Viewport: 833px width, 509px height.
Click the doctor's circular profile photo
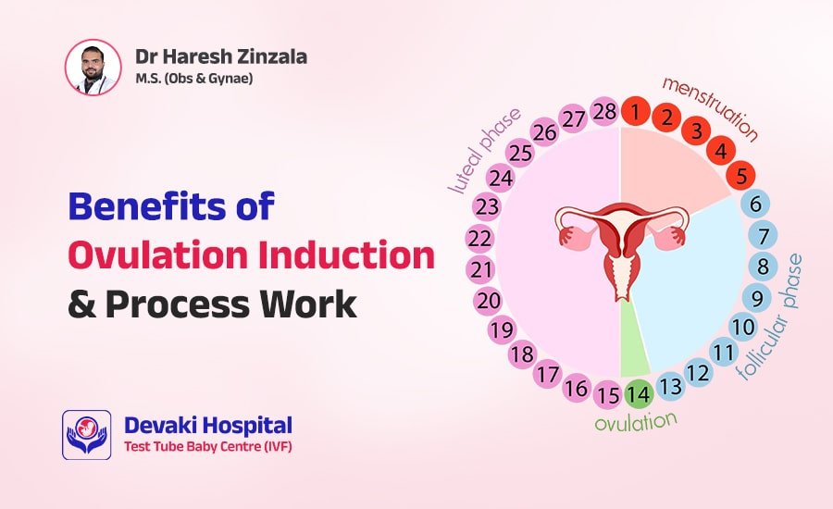click(93, 67)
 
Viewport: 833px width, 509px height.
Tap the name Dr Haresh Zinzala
click(221, 56)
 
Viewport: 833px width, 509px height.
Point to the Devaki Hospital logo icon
click(86, 435)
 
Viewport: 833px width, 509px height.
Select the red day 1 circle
click(635, 112)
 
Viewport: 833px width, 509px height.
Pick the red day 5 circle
click(740, 174)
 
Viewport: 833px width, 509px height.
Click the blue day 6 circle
click(754, 205)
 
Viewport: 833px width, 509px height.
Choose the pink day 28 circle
click(604, 112)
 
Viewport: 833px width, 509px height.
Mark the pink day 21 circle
click(479, 269)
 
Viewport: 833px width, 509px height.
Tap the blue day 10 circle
click(742, 327)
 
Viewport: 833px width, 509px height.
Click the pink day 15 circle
click(607, 394)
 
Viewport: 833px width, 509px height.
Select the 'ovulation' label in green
click(635, 424)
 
